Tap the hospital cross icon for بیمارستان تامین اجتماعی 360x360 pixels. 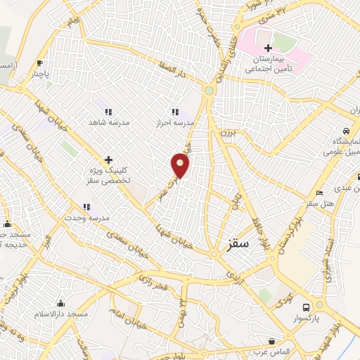coord(267,47)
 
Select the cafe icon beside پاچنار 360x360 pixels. coord(39,62)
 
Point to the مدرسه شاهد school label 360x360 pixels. coord(109,122)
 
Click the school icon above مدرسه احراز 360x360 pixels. coord(175,112)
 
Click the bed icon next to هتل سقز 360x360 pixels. coord(320,193)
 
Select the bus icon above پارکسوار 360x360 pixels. coord(305,307)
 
